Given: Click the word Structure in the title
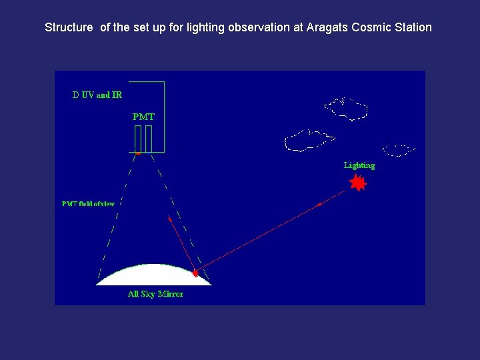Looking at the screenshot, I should point(69,28).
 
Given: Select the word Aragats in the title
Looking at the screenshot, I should point(329,28).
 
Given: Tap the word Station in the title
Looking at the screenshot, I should point(412,28).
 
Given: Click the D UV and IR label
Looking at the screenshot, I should point(97,95).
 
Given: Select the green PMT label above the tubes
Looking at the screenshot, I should point(143,117).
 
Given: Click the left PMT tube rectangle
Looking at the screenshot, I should point(138,139).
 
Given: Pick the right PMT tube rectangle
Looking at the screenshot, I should point(149,139).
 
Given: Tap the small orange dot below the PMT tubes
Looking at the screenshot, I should point(138,153).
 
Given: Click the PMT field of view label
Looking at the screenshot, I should point(88,204).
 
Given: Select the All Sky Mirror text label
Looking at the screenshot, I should point(155,294).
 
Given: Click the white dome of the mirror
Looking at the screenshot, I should point(153,275).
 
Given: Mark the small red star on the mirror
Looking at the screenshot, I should point(195,273).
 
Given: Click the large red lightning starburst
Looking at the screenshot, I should point(358,183).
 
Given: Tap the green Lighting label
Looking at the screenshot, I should point(359,165).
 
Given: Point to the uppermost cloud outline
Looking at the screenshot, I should point(345,109).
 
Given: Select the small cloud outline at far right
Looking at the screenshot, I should point(399,150).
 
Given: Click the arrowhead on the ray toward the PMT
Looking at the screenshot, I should point(170,219).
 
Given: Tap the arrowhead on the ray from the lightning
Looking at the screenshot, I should point(319,204).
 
